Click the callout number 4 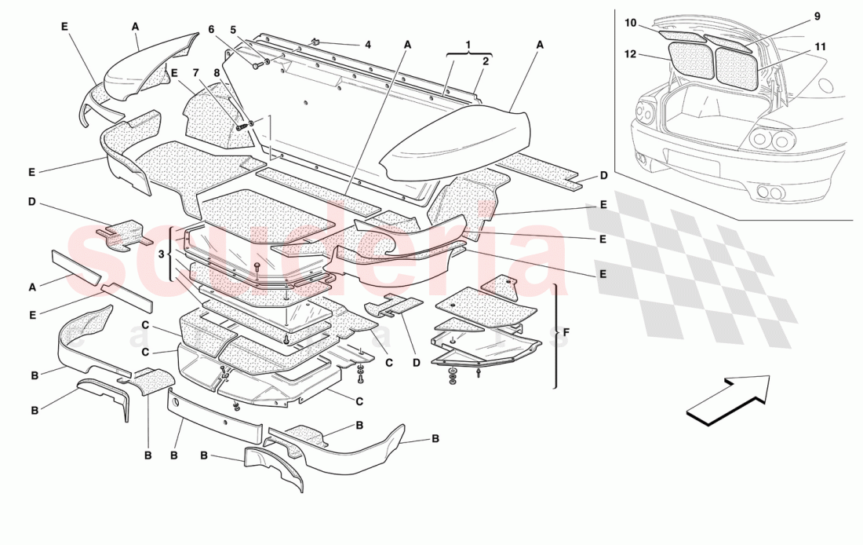click(367, 45)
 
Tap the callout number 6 click(210, 29)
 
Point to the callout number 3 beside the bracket click(161, 254)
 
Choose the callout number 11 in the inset click(819, 47)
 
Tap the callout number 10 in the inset click(630, 23)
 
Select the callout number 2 click(486, 60)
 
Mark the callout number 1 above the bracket click(468, 44)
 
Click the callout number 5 click(232, 29)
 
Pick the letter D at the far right click(603, 175)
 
